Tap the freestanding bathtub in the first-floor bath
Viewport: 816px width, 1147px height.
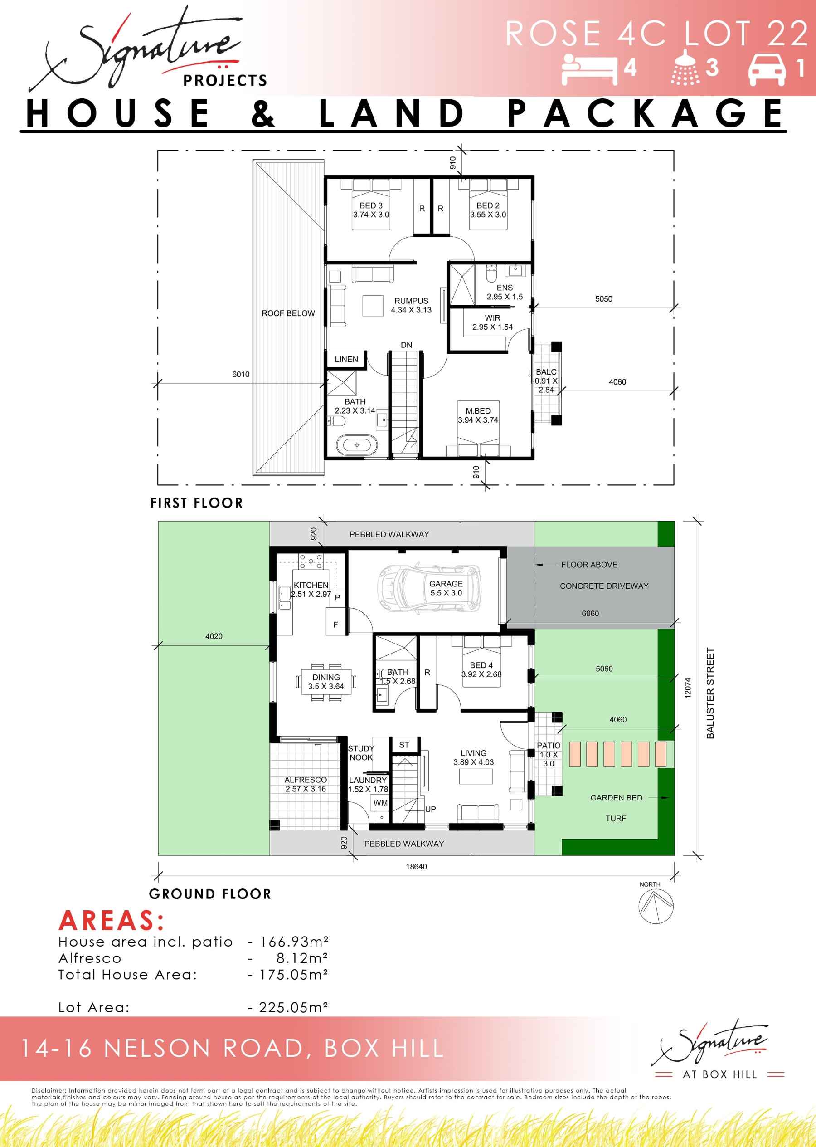point(357,445)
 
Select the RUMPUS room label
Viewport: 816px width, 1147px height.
point(411,301)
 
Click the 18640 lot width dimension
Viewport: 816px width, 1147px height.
point(416,867)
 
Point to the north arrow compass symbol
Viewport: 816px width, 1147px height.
point(656,907)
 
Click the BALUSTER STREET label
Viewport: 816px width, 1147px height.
point(710,693)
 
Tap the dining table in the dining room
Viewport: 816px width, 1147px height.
point(326,682)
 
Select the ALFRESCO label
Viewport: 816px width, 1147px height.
point(306,780)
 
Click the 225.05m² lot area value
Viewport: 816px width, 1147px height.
point(293,1007)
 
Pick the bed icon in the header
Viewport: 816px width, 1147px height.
point(589,68)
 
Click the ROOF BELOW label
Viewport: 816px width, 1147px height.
point(288,313)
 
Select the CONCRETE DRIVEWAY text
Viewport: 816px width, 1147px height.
point(604,586)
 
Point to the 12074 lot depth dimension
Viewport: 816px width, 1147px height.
point(688,688)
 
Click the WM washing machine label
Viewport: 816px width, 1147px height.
point(380,803)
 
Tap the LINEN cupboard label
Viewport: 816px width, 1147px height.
point(346,359)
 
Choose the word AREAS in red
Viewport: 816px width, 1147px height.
point(112,920)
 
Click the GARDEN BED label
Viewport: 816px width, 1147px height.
point(616,798)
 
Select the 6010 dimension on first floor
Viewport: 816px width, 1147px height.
point(241,375)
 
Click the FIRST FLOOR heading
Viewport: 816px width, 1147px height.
point(196,503)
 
